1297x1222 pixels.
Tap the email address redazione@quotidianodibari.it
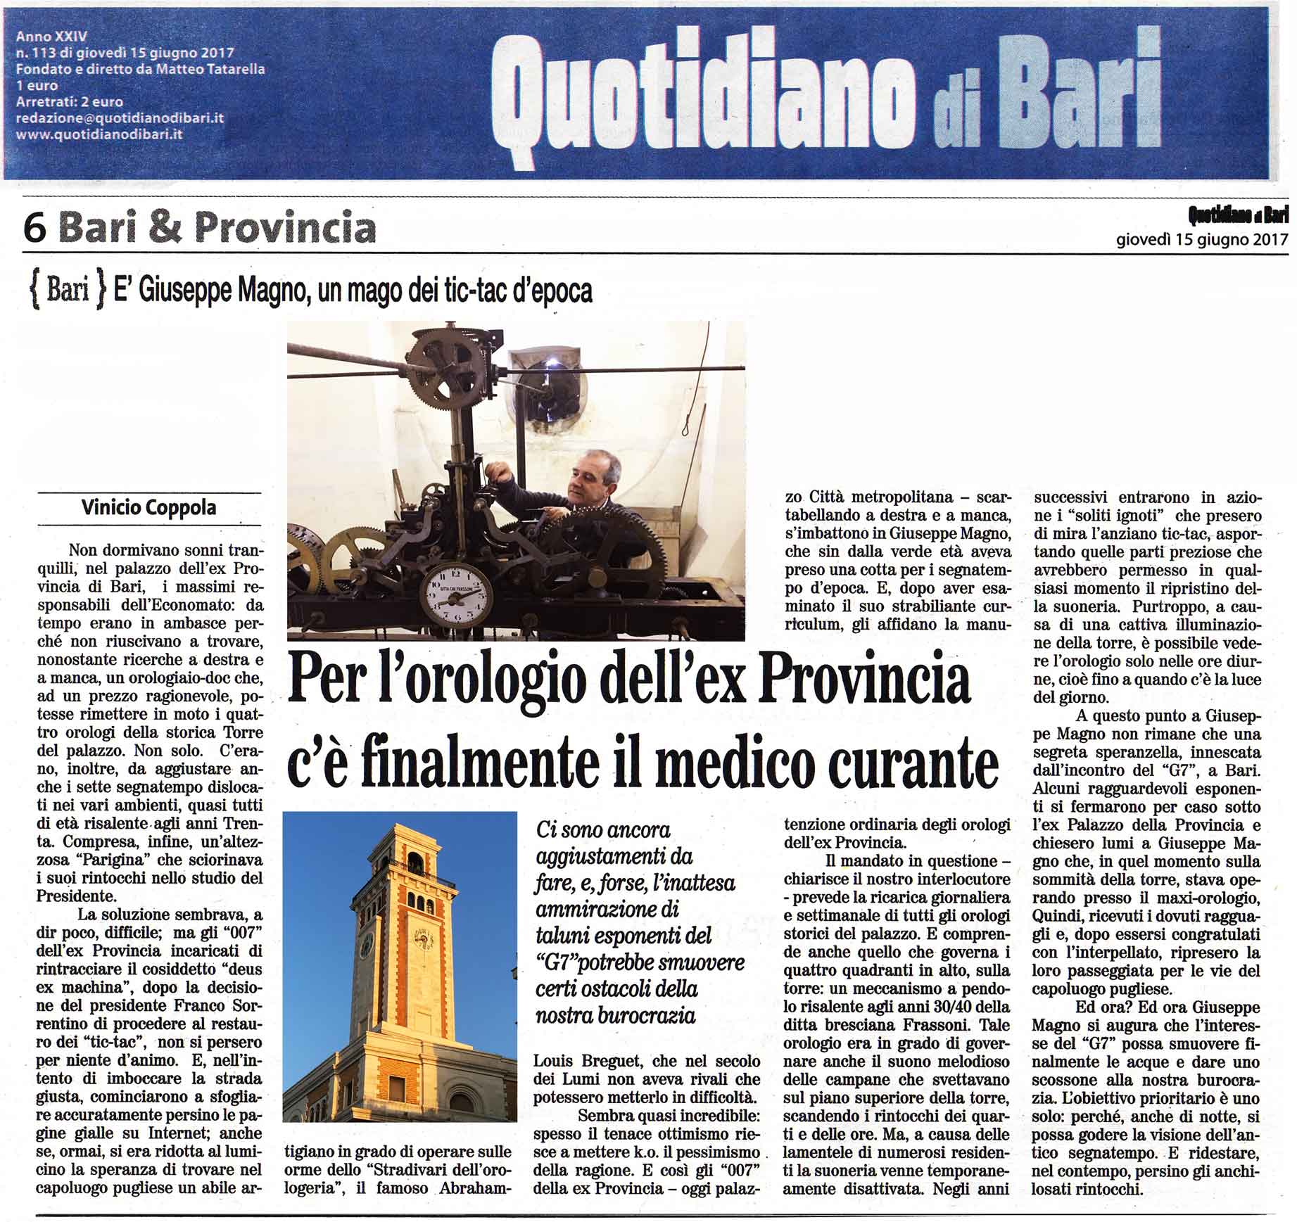tap(120, 117)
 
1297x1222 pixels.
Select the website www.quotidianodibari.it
tap(99, 133)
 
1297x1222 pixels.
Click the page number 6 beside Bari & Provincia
tap(34, 228)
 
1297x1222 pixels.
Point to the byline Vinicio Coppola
tap(148, 507)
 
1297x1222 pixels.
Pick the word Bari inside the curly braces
tap(68, 291)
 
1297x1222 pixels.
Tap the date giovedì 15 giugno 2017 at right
tap(1202, 239)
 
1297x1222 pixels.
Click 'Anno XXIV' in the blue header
tap(51, 36)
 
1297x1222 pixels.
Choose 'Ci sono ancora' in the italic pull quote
tap(603, 829)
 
